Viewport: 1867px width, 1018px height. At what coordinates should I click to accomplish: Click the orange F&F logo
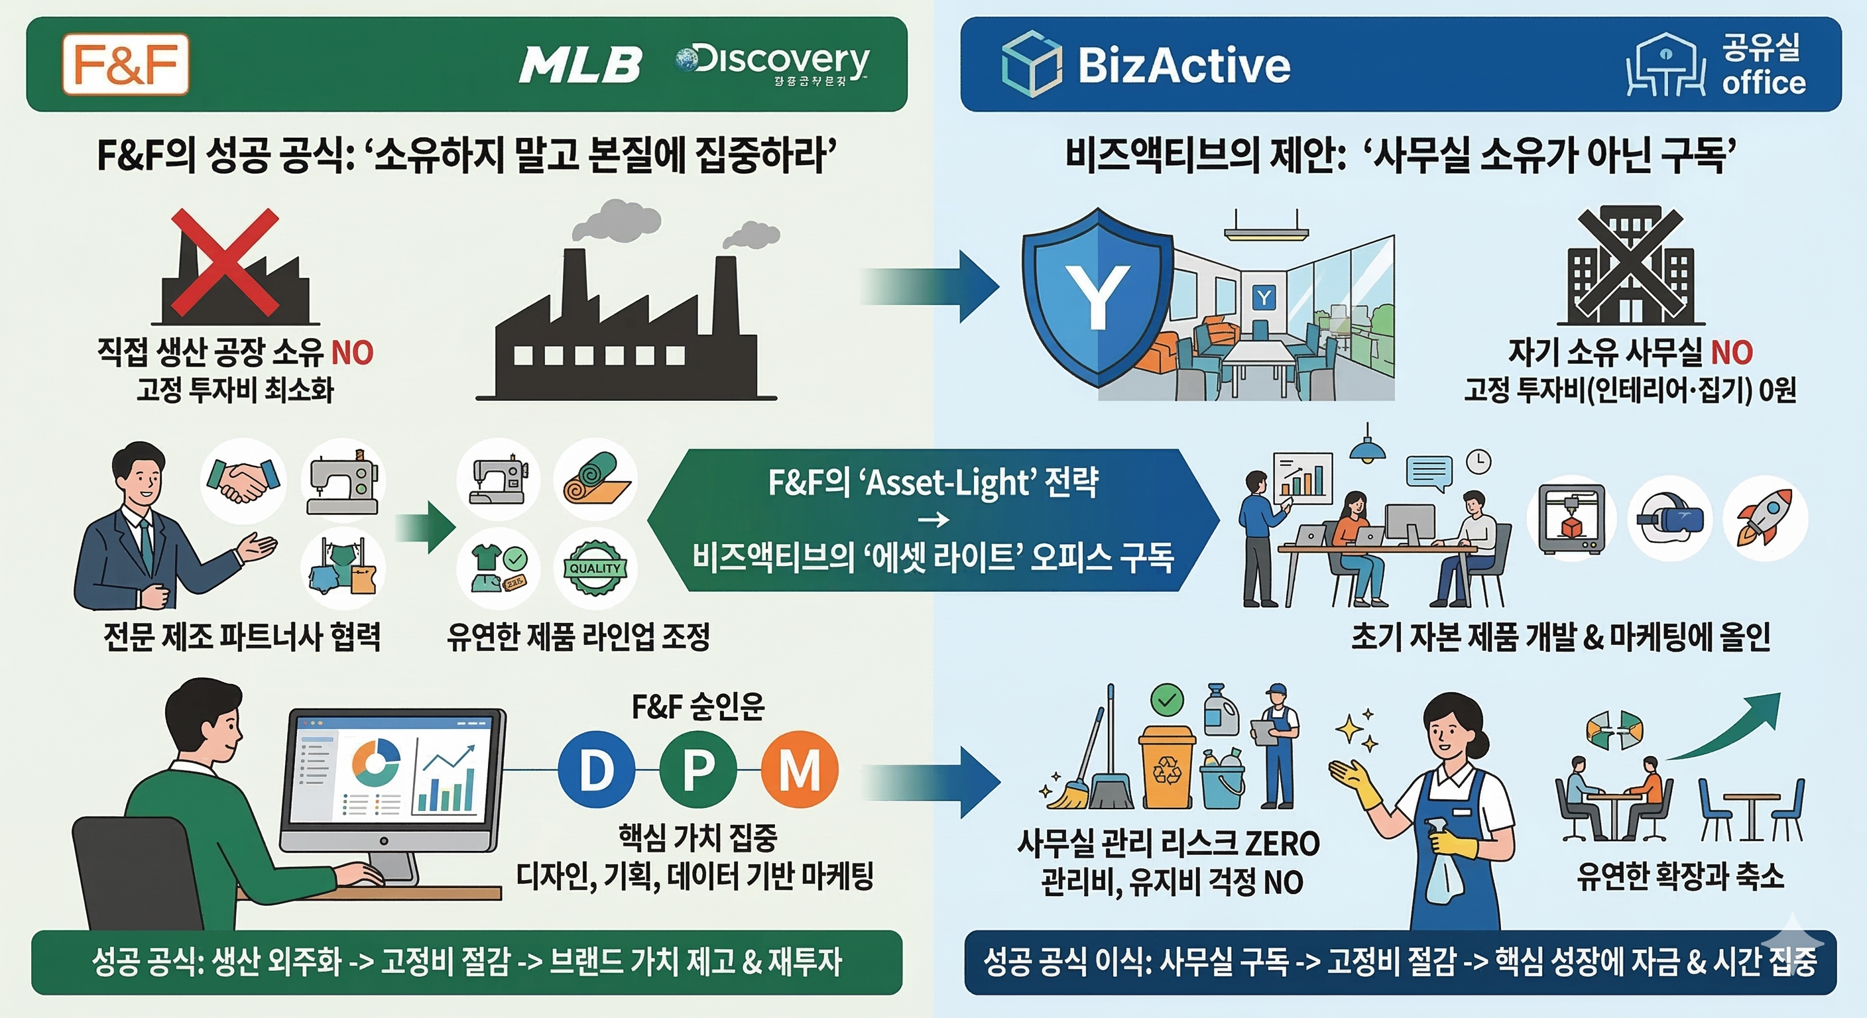(125, 64)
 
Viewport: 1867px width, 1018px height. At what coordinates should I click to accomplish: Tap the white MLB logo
(580, 64)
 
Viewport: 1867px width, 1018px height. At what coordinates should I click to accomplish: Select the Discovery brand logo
(772, 64)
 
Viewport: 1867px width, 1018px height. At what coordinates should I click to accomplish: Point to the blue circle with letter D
(597, 769)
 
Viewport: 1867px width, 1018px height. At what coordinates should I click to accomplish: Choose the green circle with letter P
(698, 769)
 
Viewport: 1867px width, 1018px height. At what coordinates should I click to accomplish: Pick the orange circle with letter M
(800, 769)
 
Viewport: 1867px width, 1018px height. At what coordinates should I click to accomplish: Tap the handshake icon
(243, 481)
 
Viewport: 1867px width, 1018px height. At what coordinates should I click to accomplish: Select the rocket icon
(1765, 518)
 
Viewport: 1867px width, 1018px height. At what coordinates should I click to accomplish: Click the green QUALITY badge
(594, 569)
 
